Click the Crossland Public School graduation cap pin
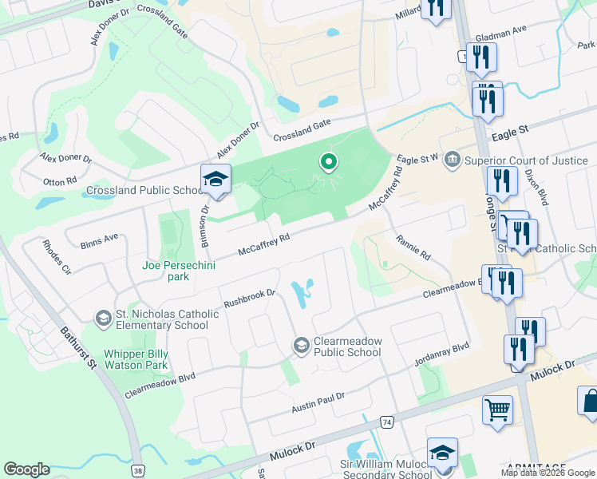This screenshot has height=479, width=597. (x=215, y=180)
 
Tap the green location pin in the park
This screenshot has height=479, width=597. (x=327, y=162)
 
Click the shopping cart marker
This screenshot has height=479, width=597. (x=497, y=410)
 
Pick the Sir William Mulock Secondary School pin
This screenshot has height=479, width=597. (x=442, y=453)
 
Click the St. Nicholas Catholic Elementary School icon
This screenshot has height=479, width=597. (x=102, y=319)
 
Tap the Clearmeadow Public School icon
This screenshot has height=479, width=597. (x=301, y=345)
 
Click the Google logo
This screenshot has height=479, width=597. (x=26, y=469)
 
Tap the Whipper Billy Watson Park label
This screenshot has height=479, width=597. (x=136, y=359)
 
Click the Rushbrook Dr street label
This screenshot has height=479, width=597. (x=249, y=299)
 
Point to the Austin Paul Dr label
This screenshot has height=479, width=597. (x=318, y=402)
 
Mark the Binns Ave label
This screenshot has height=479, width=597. (x=99, y=237)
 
